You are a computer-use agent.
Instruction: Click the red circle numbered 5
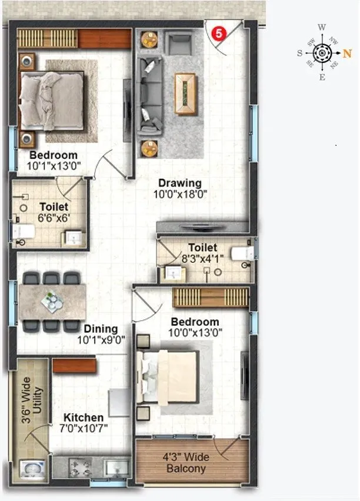218,34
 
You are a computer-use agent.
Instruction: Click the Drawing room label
179,183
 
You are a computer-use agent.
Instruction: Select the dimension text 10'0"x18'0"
180,193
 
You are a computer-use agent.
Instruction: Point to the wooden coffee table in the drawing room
186,93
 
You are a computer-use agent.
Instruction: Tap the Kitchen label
85,417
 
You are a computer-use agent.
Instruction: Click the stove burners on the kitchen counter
78,466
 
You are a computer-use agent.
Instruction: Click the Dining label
101,329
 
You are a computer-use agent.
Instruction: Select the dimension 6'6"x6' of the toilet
55,217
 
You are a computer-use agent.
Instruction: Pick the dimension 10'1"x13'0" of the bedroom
54,166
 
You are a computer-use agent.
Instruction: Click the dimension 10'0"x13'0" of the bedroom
195,332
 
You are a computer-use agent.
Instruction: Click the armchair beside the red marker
179,43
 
